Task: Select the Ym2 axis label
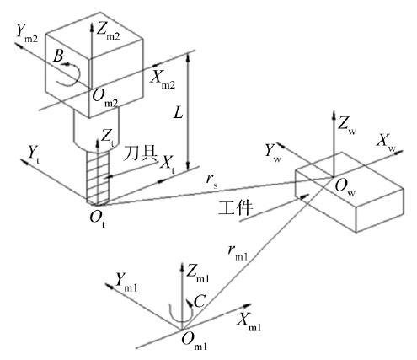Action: (x=27, y=34)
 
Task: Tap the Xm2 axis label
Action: (x=163, y=79)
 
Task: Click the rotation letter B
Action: (x=58, y=56)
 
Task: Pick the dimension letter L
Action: (x=178, y=113)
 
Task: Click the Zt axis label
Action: (x=108, y=139)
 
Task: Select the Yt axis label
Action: (x=34, y=155)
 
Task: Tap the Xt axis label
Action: (x=167, y=164)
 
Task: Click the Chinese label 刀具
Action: (x=141, y=153)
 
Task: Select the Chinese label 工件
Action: (x=235, y=208)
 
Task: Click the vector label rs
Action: (x=211, y=182)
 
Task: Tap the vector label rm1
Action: (x=238, y=253)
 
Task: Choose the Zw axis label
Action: (x=346, y=125)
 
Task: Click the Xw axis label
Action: (x=386, y=142)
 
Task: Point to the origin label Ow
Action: (x=345, y=187)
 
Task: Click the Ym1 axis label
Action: (x=126, y=282)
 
